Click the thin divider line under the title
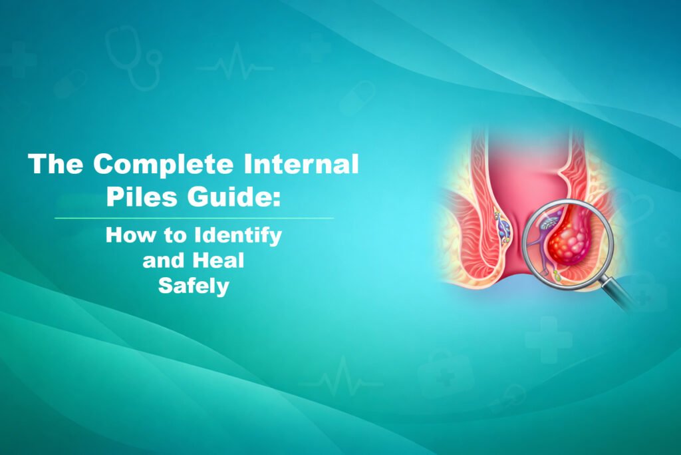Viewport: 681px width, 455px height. (x=193, y=218)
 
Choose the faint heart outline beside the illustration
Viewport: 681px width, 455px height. (x=628, y=203)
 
